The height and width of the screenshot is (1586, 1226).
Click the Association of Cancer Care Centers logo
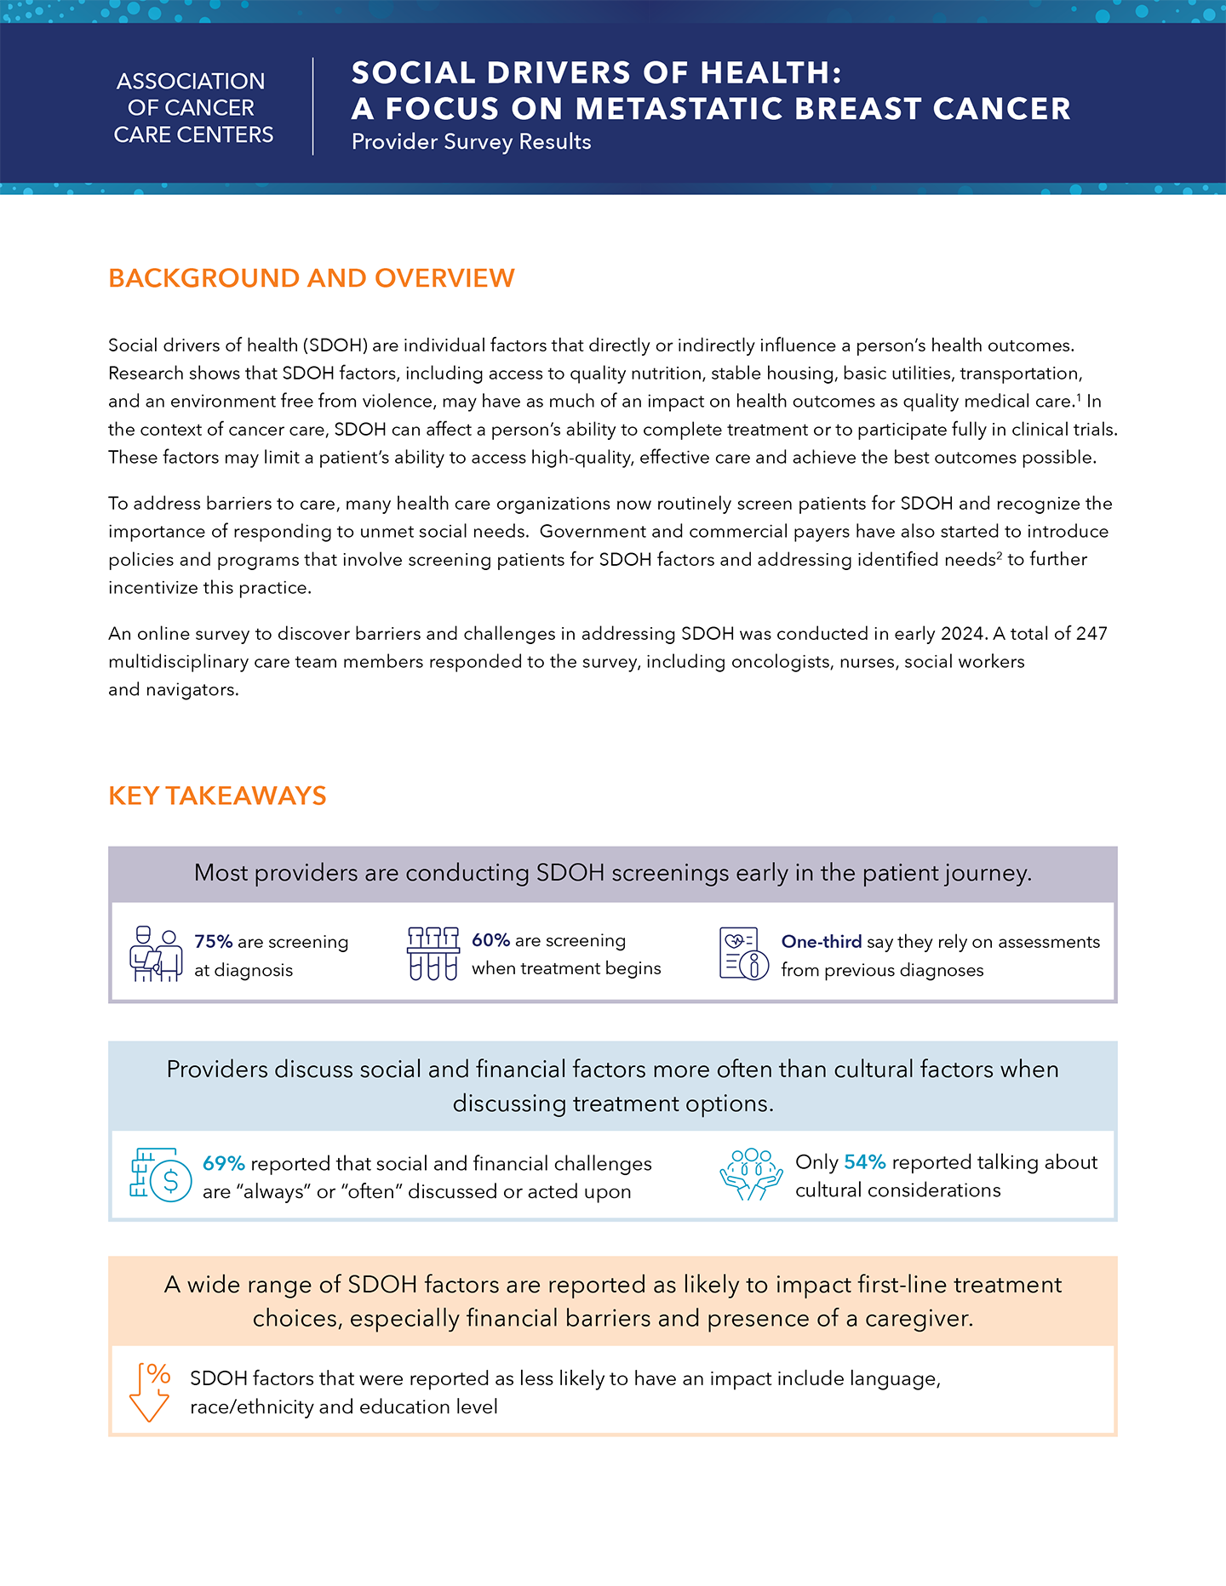click(x=193, y=108)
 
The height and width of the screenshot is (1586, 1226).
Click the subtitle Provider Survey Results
click(x=471, y=142)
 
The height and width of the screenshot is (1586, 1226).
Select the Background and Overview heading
click(x=312, y=278)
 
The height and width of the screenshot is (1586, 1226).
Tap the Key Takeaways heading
click(x=217, y=796)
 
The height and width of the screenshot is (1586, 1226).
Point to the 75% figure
click(x=213, y=942)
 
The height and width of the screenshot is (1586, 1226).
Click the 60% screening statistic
click(x=490, y=940)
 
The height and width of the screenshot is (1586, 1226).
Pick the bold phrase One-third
click(x=821, y=942)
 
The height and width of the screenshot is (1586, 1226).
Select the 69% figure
click(x=223, y=1163)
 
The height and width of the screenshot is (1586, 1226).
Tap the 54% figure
click(x=864, y=1162)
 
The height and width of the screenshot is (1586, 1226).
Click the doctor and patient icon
click(x=156, y=955)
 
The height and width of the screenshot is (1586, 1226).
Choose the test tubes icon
click(x=433, y=954)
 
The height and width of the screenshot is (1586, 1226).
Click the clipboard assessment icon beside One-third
click(x=743, y=954)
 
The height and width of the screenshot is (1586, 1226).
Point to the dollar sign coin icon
click(x=161, y=1175)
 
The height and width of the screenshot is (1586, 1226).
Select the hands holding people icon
click(x=751, y=1174)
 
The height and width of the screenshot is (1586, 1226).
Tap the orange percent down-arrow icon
click(x=150, y=1392)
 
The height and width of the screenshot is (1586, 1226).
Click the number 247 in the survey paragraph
click(x=1091, y=634)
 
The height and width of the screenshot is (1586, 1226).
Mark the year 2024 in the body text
click(x=962, y=634)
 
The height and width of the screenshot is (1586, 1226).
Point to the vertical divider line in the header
click(x=313, y=107)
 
